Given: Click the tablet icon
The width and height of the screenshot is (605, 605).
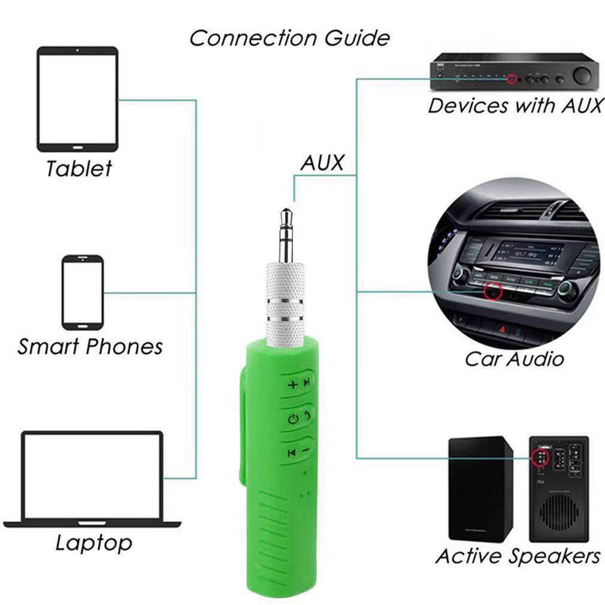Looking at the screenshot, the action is [x=77, y=99].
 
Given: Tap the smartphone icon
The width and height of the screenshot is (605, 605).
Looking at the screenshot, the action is [x=83, y=292].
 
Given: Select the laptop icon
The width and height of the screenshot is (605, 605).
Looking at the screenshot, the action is [x=92, y=479].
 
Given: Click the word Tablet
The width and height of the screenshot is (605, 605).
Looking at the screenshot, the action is [x=78, y=168].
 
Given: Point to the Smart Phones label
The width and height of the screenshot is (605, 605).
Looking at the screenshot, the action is [x=90, y=346].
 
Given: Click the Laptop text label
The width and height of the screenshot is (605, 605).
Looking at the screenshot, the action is [x=94, y=543].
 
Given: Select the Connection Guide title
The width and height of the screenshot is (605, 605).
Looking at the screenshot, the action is [x=289, y=38].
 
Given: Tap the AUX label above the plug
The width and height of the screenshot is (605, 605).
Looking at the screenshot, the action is [x=322, y=162].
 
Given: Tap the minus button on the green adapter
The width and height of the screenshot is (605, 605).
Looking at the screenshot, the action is [x=305, y=450].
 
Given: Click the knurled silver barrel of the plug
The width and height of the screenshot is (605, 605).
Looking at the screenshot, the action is [x=286, y=304].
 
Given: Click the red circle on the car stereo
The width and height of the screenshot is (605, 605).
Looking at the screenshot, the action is [x=494, y=291].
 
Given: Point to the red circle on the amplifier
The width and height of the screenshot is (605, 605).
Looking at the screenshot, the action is [x=512, y=78].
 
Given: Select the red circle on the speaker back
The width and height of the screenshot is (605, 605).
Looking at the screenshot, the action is [x=540, y=458].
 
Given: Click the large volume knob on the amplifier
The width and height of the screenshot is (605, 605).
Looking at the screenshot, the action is [x=582, y=75].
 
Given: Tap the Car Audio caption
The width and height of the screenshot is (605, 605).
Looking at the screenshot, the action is [x=514, y=359].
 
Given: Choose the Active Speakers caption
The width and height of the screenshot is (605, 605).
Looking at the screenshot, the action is [x=518, y=556].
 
